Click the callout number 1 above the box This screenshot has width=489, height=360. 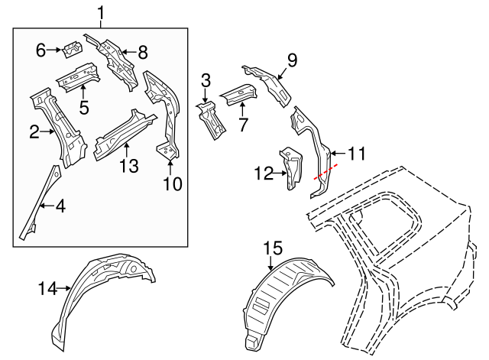pyautogui.click(x=100, y=12)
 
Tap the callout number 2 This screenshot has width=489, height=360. pyautogui.click(x=34, y=132)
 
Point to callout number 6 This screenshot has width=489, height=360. pyautogui.click(x=41, y=50)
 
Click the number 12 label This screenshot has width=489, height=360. pyautogui.click(x=263, y=175)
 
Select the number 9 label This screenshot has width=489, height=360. pyautogui.click(x=291, y=60)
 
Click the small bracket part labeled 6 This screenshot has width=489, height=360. pyautogui.click(x=73, y=49)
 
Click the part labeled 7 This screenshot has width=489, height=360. pyautogui.click(x=238, y=94)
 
